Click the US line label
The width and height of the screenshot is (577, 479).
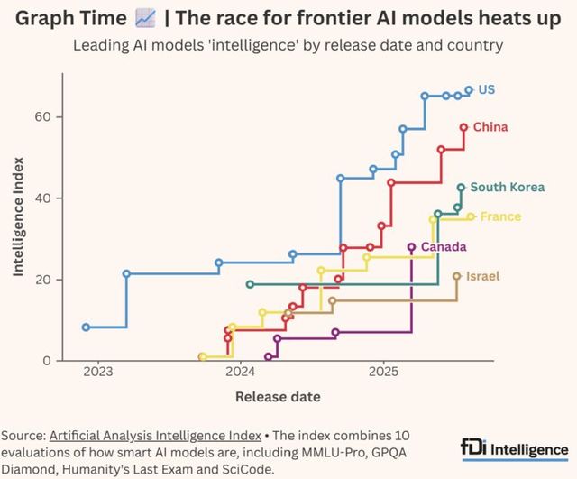tap(487, 89)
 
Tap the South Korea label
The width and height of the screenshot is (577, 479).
tap(508, 188)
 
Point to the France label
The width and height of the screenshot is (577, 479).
tap(500, 216)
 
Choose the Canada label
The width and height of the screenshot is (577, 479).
tap(443, 246)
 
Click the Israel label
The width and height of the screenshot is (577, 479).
tap(482, 276)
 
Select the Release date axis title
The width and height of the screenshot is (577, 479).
tap(278, 396)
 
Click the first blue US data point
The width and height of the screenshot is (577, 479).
tap(86, 327)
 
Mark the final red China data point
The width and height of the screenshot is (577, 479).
tap(463, 127)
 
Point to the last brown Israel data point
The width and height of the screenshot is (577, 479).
tap(456, 276)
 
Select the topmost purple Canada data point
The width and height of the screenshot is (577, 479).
tap(411, 246)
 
